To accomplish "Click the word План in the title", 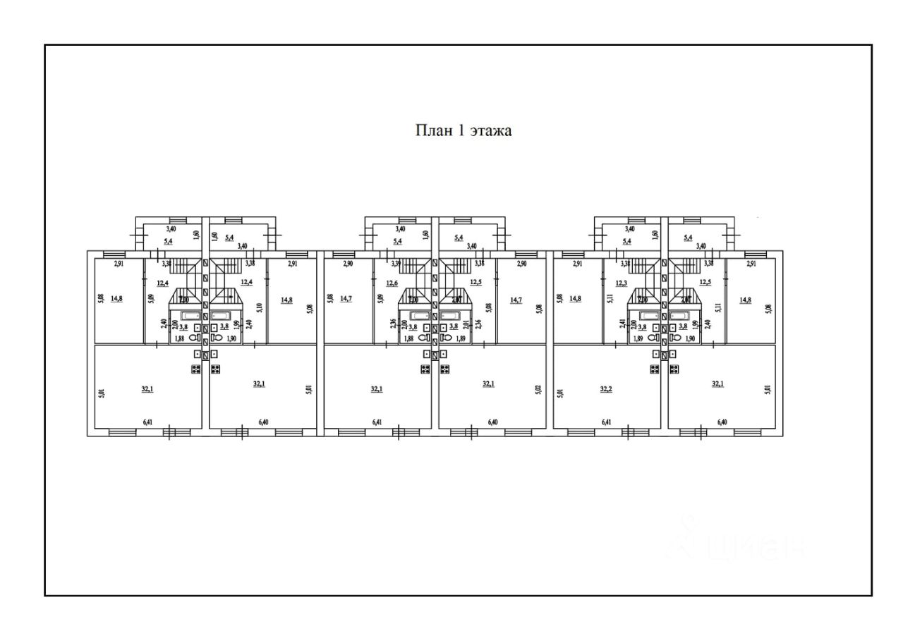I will click(x=431, y=130).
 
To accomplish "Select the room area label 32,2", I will click(x=605, y=388).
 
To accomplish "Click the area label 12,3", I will click(x=621, y=283).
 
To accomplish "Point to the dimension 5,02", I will click(x=539, y=389).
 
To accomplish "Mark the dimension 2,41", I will click(x=623, y=325).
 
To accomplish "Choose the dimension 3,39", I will click(x=396, y=264).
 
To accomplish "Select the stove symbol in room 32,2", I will click(x=655, y=369).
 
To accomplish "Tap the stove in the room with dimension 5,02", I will click(x=445, y=369).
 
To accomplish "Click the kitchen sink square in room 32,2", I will click(x=655, y=355).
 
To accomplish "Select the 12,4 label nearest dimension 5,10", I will click(x=247, y=283).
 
